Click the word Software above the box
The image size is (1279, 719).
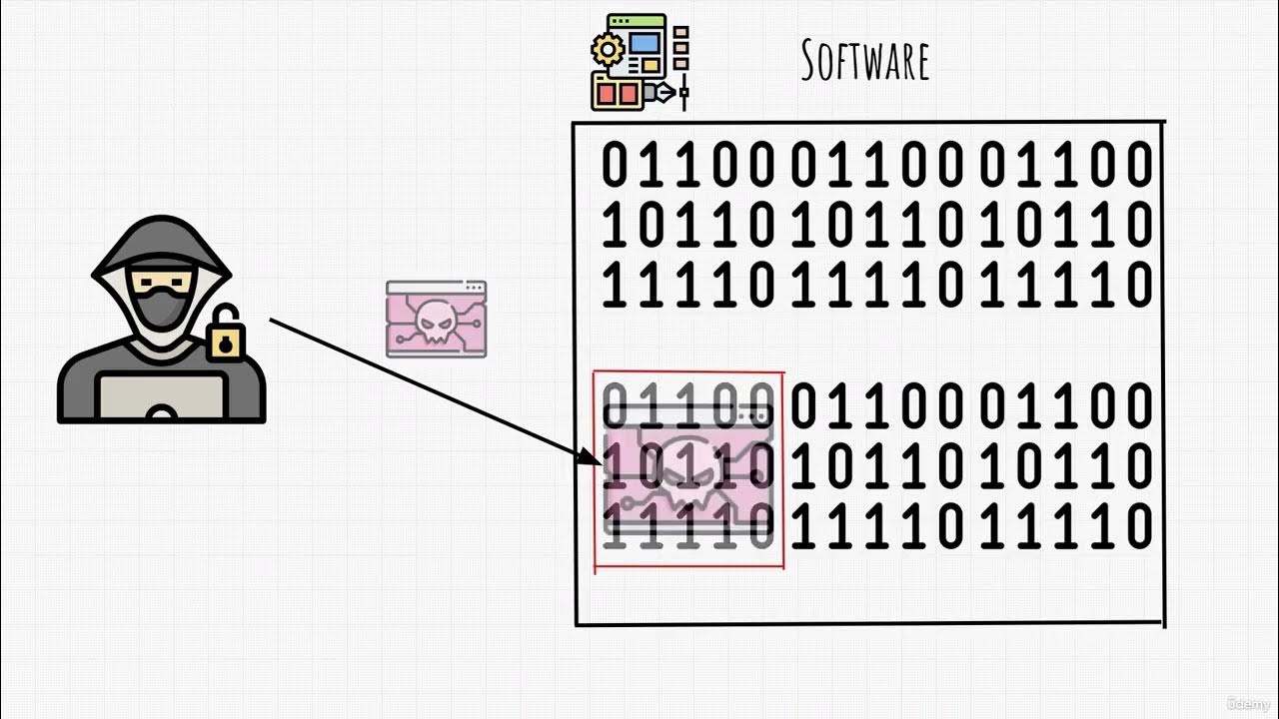pos(865,61)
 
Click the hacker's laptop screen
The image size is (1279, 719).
pos(161,394)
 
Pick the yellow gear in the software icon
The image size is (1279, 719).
pos(606,48)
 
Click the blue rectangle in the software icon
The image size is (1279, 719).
pos(644,44)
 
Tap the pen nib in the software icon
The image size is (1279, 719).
pos(662,93)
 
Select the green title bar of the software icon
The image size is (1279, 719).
pos(636,21)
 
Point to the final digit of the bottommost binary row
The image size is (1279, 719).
pos(1137,527)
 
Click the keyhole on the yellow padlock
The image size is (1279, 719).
pos(227,346)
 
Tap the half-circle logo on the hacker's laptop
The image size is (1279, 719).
pos(161,411)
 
